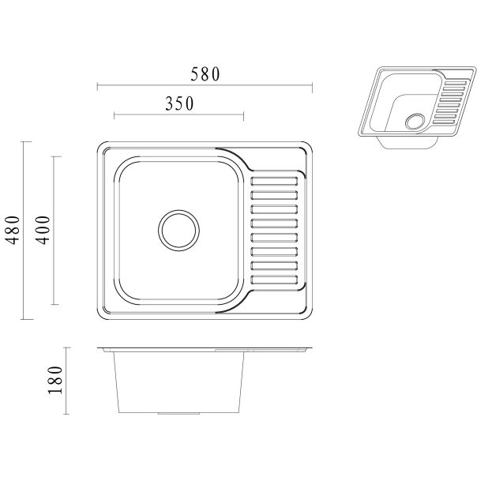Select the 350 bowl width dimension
pos(179,103)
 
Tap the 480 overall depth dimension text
pos(11,231)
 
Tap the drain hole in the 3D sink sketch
pos(415,122)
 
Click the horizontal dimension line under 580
pos(205,87)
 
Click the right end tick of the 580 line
pos(313,87)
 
